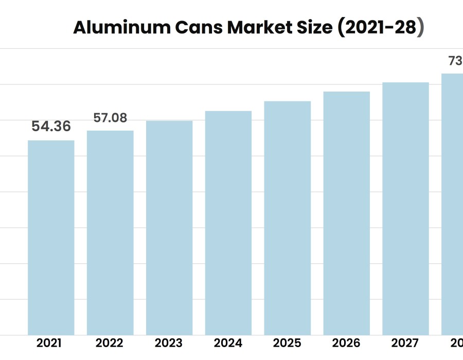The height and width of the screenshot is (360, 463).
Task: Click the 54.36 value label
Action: [51, 127]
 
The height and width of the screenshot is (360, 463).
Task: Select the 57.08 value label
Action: [110, 118]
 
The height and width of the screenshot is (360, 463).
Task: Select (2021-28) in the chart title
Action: [381, 28]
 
